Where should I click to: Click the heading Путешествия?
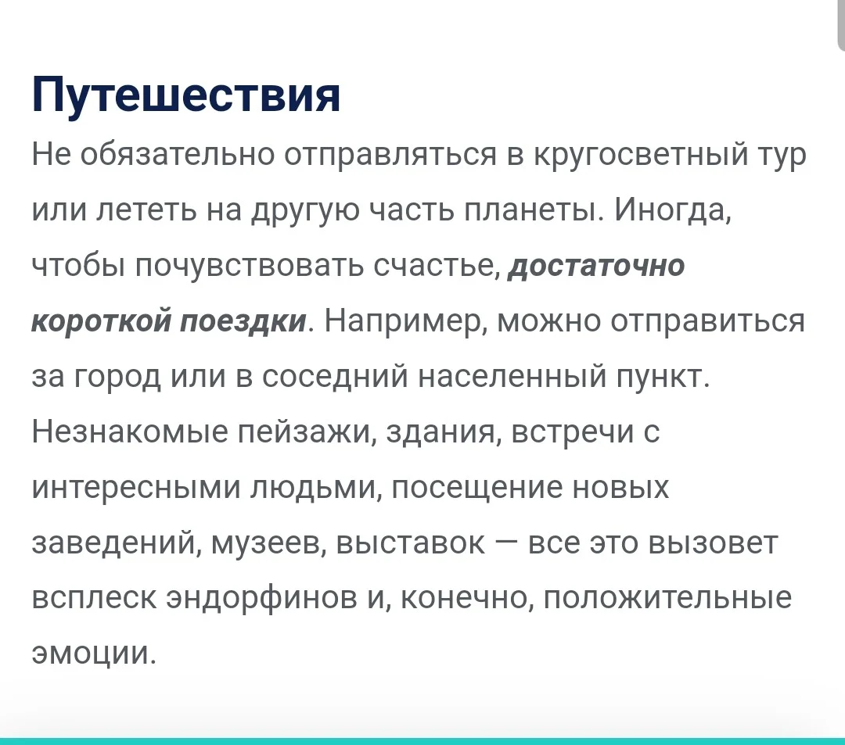click(186, 95)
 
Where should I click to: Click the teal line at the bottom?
click(422, 740)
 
